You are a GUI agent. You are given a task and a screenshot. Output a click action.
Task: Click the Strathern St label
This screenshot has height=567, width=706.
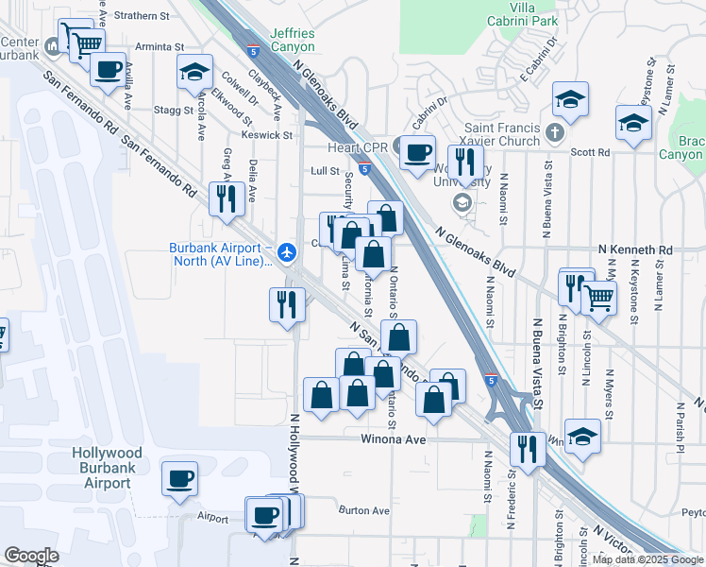[142, 16]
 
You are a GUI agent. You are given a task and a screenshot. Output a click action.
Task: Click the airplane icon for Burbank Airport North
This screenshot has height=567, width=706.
[289, 250]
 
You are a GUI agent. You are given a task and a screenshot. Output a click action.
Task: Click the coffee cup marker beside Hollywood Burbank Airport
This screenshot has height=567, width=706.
[179, 478]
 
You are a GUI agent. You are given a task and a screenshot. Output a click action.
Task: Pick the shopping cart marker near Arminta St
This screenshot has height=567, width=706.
[86, 43]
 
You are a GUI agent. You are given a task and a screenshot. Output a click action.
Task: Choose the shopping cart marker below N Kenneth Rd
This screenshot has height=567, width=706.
[599, 297]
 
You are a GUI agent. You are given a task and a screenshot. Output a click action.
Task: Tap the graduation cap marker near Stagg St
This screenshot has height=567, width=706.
[194, 72]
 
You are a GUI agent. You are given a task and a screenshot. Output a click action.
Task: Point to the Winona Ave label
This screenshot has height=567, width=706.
[387, 439]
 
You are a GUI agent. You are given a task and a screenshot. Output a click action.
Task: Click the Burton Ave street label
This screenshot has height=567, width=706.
[363, 510]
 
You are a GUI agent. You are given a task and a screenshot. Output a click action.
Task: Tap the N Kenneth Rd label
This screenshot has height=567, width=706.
[636, 249]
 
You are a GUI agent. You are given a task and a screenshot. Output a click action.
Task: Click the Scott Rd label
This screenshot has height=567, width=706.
[591, 152]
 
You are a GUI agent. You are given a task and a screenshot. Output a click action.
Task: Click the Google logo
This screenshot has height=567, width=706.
[32, 555]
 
